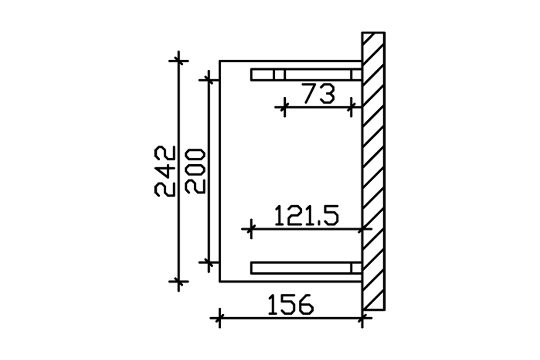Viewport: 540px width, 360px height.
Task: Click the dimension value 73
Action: point(318,93)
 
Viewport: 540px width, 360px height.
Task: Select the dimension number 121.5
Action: point(306,215)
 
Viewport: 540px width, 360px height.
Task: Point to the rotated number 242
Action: point(165,171)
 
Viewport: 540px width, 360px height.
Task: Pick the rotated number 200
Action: point(195,171)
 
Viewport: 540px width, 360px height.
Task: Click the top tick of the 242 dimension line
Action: point(179,61)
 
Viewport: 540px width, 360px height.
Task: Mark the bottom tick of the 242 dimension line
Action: point(179,281)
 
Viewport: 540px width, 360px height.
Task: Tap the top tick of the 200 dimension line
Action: point(209,80)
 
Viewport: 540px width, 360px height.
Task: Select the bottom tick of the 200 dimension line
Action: point(209,263)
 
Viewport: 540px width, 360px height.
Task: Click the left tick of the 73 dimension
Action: point(285,107)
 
